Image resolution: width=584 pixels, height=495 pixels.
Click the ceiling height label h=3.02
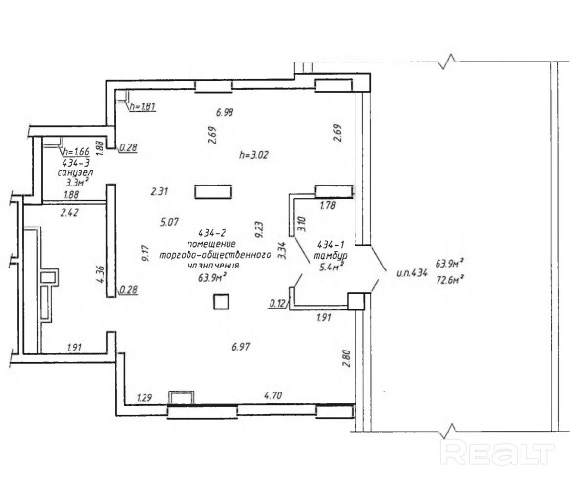pos(254,154)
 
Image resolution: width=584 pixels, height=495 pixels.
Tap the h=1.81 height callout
pos(143,106)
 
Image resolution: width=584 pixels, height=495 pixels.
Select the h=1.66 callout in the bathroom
pos(76,152)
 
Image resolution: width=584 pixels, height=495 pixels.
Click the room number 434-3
pos(75,163)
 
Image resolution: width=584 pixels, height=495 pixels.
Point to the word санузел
pos(75,173)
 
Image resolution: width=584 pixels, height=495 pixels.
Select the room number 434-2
pos(212,233)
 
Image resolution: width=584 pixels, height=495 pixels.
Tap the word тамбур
pos(330,256)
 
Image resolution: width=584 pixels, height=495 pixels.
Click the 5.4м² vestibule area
pos(331,267)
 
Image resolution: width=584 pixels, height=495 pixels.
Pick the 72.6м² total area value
pos(449,279)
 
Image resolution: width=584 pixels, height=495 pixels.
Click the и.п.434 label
pos(411,273)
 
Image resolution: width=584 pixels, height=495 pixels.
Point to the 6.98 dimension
pos(225,112)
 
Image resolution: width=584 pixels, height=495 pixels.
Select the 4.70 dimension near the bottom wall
pos(273,395)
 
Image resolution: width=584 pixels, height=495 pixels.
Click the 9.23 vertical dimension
pos(259,229)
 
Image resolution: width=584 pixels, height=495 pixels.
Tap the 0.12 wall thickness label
pos(278,304)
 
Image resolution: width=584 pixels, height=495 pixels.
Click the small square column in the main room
pos(221,302)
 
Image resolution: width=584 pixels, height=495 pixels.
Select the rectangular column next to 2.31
pos(214,192)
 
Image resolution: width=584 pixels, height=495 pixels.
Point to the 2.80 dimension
pos(347,358)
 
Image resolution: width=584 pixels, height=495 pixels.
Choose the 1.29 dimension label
pos(145,397)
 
